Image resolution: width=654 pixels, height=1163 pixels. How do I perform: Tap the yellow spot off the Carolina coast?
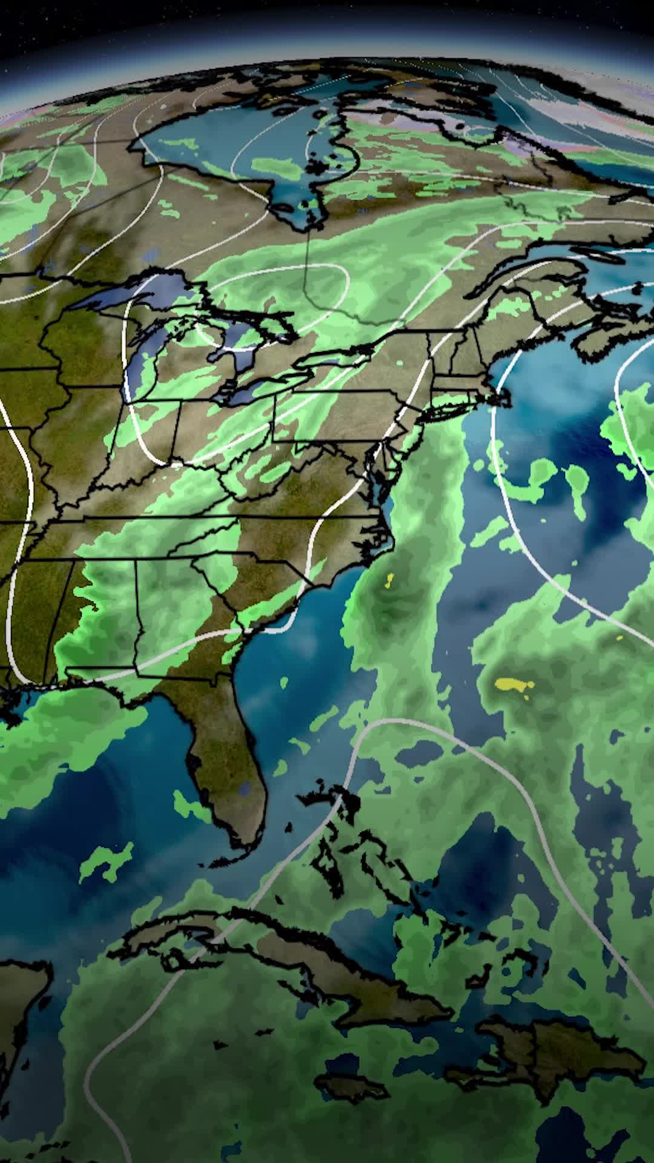click(388, 582)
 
